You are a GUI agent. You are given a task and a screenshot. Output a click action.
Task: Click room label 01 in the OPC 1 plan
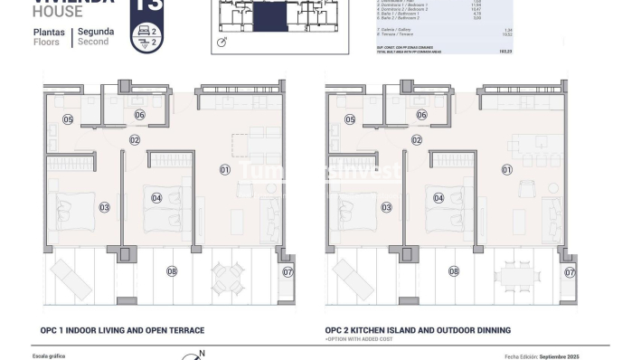[225, 169]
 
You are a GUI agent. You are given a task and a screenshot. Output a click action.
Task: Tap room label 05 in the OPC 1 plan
[68, 119]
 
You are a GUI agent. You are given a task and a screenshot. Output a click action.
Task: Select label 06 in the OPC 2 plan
[421, 115]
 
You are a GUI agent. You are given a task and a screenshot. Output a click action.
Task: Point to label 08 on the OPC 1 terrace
[172, 270]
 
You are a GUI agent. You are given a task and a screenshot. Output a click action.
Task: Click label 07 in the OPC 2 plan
[570, 271]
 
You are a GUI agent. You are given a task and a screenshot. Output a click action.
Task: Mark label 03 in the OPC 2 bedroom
[386, 207]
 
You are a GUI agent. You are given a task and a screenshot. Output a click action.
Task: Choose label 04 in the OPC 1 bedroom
[156, 198]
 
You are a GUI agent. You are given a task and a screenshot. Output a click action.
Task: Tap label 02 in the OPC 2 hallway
[416, 140]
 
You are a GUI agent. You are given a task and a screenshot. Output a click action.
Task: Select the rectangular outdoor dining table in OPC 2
[518, 271]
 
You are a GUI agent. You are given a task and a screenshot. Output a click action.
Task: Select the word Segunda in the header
[96, 32]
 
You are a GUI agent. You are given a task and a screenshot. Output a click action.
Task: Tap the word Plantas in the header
[51, 32]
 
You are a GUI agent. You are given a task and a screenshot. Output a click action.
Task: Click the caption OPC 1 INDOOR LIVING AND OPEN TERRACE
[122, 330]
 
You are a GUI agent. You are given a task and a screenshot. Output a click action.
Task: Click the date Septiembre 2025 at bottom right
[576, 356]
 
